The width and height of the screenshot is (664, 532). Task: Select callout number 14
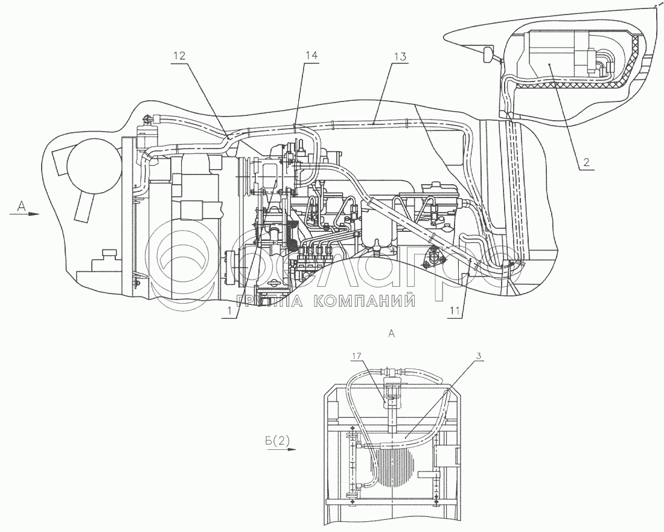(x=311, y=55)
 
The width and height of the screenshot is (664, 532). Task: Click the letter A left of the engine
(x=21, y=207)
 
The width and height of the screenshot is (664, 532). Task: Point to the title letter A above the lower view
(x=392, y=332)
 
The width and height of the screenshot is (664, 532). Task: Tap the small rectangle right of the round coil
(x=448, y=457)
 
